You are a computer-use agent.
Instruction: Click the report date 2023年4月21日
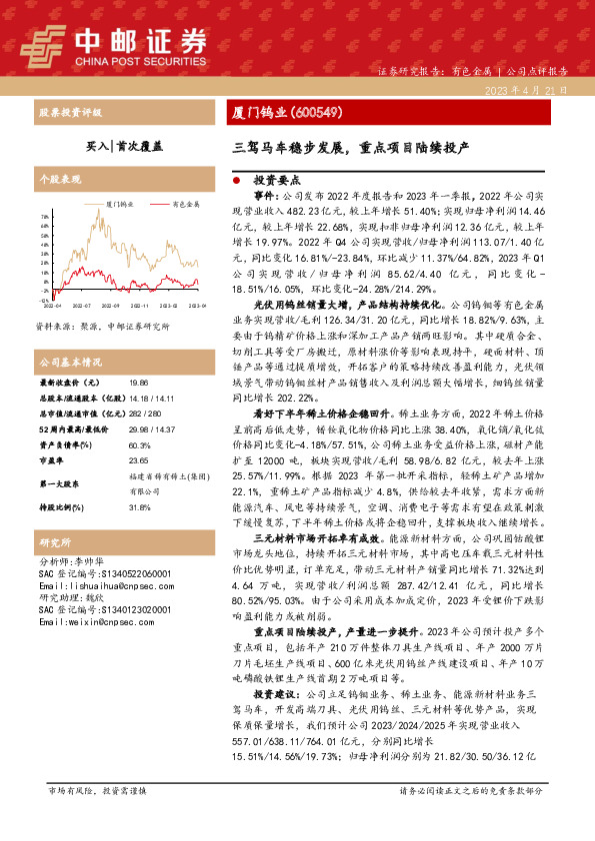pos(536,90)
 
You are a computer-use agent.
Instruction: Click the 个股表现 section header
pos(59,181)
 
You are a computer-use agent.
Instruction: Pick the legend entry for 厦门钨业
pos(123,204)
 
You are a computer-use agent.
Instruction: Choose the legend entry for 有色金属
pos(184,204)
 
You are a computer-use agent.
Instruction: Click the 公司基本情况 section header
pos(71,361)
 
